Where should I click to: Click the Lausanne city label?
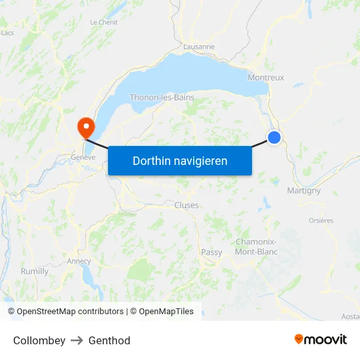[x=199, y=46]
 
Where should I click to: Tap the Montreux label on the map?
[x=266, y=77]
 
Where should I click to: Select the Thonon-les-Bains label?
[x=162, y=98]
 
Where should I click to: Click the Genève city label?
[x=83, y=157]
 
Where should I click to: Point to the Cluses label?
[x=187, y=205]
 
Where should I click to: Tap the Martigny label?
[x=304, y=190]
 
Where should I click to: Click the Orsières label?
[x=321, y=221]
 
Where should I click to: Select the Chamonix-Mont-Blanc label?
[x=256, y=247]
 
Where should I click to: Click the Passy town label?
[x=211, y=252]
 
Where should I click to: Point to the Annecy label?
[x=79, y=261]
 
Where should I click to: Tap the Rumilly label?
[x=35, y=271]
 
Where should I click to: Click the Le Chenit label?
[x=103, y=22]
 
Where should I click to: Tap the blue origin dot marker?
[x=274, y=137]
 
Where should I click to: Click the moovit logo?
[x=321, y=340]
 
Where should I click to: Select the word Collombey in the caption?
[x=39, y=340]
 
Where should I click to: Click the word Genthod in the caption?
[x=109, y=340]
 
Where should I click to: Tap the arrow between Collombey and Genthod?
[x=77, y=340]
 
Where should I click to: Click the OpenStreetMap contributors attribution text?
[x=70, y=312]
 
